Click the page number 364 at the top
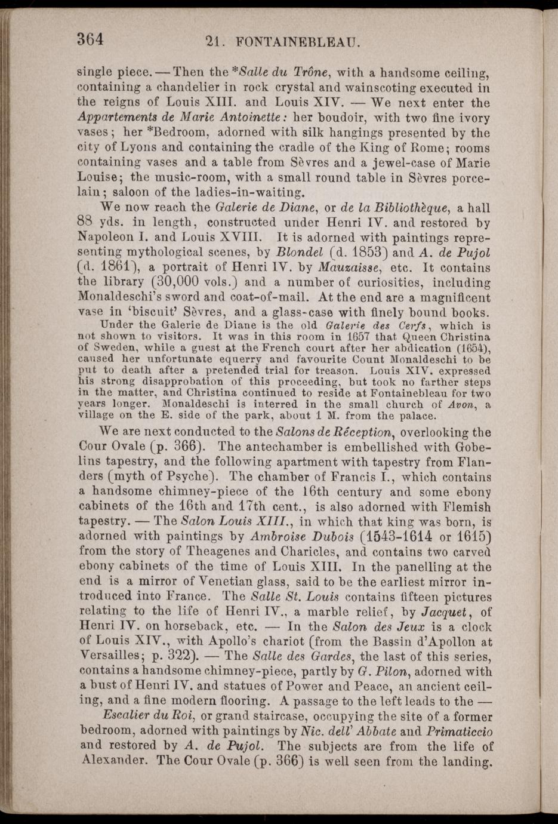click(x=91, y=39)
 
